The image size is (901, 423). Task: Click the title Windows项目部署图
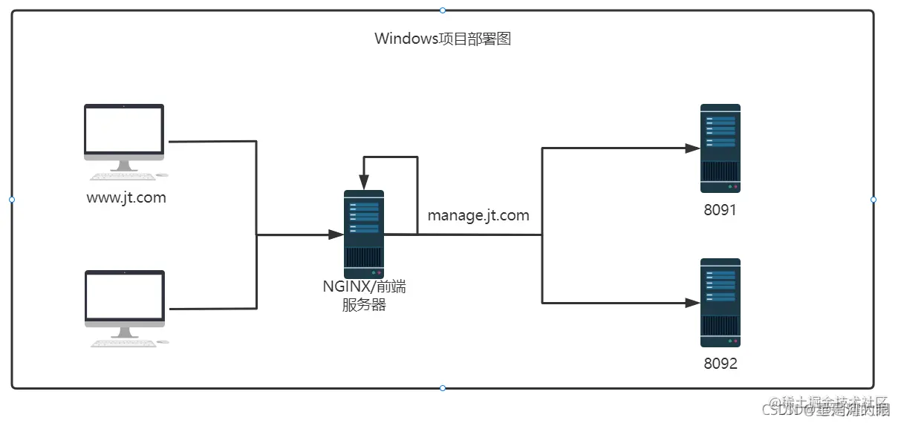[x=443, y=39]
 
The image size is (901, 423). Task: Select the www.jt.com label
[x=126, y=198]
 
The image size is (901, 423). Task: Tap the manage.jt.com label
[x=478, y=216]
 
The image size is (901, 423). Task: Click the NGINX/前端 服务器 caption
[x=364, y=295]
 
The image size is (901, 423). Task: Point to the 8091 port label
[x=720, y=210]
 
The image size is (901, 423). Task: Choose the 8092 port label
[x=720, y=364]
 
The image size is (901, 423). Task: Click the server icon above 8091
[x=720, y=148]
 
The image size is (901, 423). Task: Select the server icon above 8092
[x=720, y=303]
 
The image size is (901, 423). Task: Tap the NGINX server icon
[x=364, y=234]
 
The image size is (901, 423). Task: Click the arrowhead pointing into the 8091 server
[x=692, y=148]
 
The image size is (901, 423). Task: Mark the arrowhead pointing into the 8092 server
[x=692, y=303]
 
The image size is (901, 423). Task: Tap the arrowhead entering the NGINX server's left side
[x=336, y=235]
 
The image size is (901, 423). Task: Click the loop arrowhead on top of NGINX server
[x=364, y=183]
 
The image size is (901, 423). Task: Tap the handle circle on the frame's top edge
[x=443, y=10]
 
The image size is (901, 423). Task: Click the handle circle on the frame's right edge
[x=874, y=200]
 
